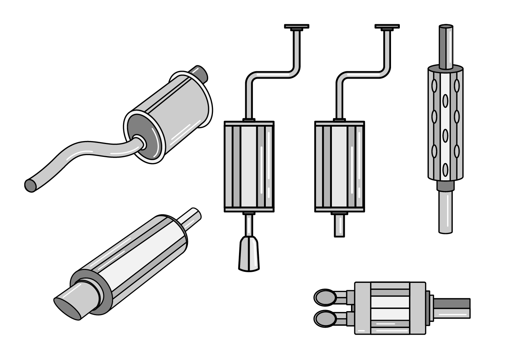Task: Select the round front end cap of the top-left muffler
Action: click(143, 137)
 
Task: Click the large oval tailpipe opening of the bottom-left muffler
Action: click(68, 307)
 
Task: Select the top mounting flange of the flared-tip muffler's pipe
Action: click(297, 26)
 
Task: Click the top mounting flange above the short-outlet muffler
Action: click(387, 26)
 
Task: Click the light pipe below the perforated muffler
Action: click(445, 213)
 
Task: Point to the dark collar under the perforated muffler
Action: click(445, 187)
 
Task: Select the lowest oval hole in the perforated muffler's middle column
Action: click(445, 169)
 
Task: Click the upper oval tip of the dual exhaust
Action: click(325, 297)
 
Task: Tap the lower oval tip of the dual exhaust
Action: click(325, 317)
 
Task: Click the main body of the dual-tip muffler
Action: click(390, 308)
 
